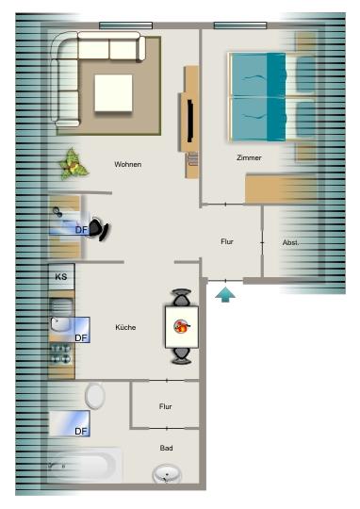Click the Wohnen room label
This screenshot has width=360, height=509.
(x=127, y=165)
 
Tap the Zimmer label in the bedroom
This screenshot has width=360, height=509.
(x=249, y=158)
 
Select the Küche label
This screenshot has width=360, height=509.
(x=125, y=327)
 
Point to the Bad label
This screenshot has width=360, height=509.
(x=166, y=449)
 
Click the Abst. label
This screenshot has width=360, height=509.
(x=291, y=243)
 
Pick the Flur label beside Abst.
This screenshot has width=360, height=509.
(x=227, y=242)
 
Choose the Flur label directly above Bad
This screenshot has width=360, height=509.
(x=166, y=407)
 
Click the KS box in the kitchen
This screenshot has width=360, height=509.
(x=61, y=277)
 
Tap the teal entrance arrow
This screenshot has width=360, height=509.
(x=226, y=295)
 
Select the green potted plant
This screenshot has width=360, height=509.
(x=74, y=164)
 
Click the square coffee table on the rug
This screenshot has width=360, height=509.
(x=114, y=91)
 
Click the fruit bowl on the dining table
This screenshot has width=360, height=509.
(x=181, y=328)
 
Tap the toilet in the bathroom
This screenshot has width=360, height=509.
(x=95, y=395)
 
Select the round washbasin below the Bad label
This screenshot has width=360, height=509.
(x=168, y=474)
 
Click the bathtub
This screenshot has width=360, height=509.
(x=83, y=464)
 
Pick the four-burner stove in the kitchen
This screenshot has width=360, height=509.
(x=61, y=354)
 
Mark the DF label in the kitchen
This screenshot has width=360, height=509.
(x=81, y=337)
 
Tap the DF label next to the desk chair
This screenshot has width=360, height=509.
(x=81, y=228)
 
